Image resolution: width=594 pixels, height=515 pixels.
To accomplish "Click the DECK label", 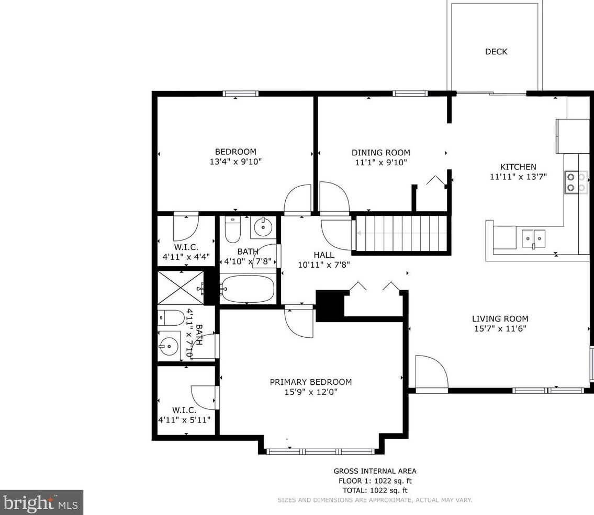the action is coord(496,51).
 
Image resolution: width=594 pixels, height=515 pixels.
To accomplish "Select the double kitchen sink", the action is coord(533,238).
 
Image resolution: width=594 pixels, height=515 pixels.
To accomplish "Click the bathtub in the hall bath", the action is coord(248,289).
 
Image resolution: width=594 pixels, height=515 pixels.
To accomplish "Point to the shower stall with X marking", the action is coord(181,288).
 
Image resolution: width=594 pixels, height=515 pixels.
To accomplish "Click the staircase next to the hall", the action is coord(401,233).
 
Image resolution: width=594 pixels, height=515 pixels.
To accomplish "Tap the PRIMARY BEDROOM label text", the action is coord(311,382).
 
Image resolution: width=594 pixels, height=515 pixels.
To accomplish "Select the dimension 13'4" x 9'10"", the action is coord(236,162).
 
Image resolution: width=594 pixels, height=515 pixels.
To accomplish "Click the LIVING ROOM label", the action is coord(500,318).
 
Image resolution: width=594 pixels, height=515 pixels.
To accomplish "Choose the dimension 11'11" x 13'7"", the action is coord(518,176).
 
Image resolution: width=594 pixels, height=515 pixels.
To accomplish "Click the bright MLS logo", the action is coord(41,502).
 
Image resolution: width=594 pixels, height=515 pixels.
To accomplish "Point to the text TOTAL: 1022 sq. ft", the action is coord(375,490).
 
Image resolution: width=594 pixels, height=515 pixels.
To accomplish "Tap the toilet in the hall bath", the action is coord(232,229).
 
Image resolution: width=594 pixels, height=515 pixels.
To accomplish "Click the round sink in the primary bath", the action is coord(169,345).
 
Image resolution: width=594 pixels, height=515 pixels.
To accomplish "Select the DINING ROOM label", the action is coord(380,153).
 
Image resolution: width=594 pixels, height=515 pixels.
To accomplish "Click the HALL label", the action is coord(324,255).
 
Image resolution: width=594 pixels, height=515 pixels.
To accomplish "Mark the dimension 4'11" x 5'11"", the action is coord(184,420).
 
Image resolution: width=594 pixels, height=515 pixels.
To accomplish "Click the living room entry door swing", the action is coord(432,372).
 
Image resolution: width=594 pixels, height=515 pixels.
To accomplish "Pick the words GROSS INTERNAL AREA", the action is coord(375,471).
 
